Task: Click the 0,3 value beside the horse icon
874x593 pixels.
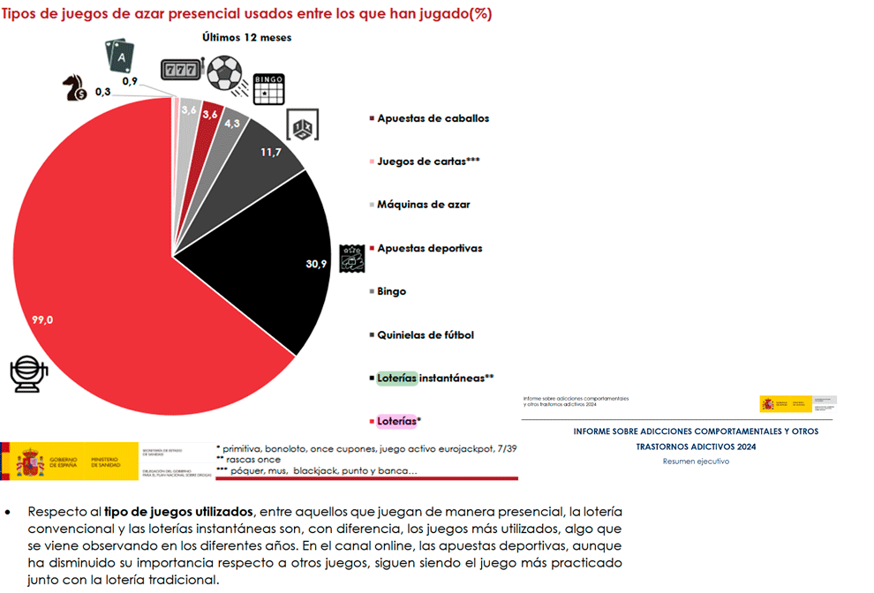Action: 102,92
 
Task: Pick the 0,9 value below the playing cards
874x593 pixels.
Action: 130,81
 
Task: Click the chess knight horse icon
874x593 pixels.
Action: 73,86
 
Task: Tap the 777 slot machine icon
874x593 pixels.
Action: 181,71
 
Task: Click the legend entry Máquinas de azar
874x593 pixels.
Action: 423,204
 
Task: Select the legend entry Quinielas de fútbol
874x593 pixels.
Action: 426,334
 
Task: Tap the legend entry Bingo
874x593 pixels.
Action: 391,291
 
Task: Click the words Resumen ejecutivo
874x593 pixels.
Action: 696,461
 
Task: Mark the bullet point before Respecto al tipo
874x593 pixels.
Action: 10,512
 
